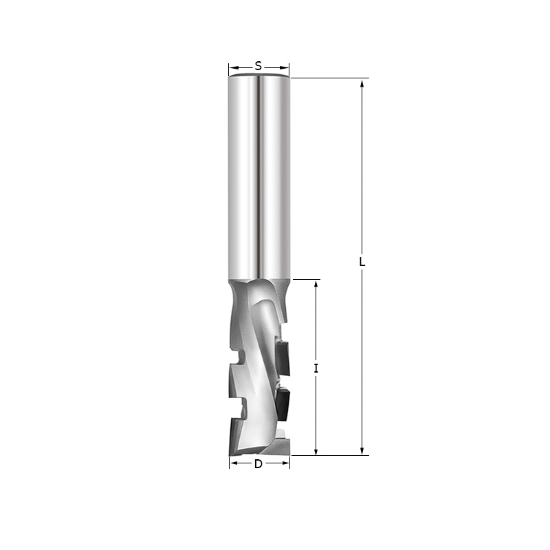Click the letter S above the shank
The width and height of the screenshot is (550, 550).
[x=258, y=66]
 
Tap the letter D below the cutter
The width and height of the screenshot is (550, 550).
[x=258, y=464]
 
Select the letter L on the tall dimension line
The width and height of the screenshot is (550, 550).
[x=362, y=262]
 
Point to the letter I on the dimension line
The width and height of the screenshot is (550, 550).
[x=316, y=368]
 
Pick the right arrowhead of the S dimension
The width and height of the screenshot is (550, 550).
[x=285, y=67]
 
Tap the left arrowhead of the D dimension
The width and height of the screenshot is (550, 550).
[x=234, y=463]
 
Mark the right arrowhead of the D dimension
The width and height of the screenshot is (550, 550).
[x=285, y=463]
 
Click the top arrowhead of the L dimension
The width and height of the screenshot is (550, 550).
[x=362, y=83]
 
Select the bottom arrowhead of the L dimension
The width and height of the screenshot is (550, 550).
[x=362, y=450]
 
